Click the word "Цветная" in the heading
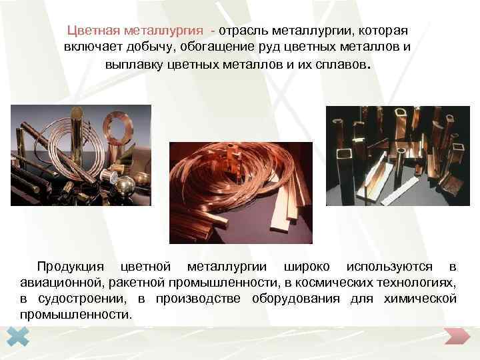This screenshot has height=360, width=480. coord(93,31)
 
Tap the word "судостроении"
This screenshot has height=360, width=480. coord(81,299)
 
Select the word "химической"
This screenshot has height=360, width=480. coord(420,299)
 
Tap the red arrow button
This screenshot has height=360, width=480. coord(457,337)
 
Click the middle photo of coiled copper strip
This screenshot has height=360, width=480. coord(241,192)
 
